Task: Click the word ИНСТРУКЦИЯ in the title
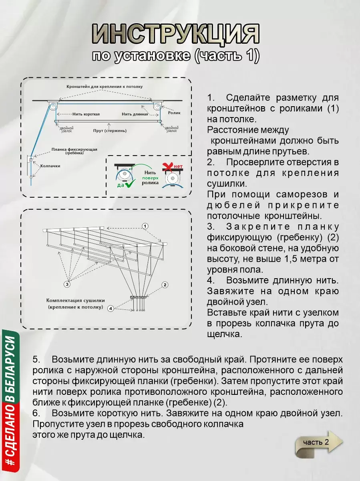(x=175, y=34)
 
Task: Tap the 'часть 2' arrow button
(x=319, y=443)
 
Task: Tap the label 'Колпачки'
(x=50, y=166)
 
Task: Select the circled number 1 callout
(x=145, y=226)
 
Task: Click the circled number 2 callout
(x=165, y=285)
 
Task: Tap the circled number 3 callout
(x=67, y=284)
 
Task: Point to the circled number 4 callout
(x=111, y=308)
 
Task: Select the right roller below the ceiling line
(x=157, y=107)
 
